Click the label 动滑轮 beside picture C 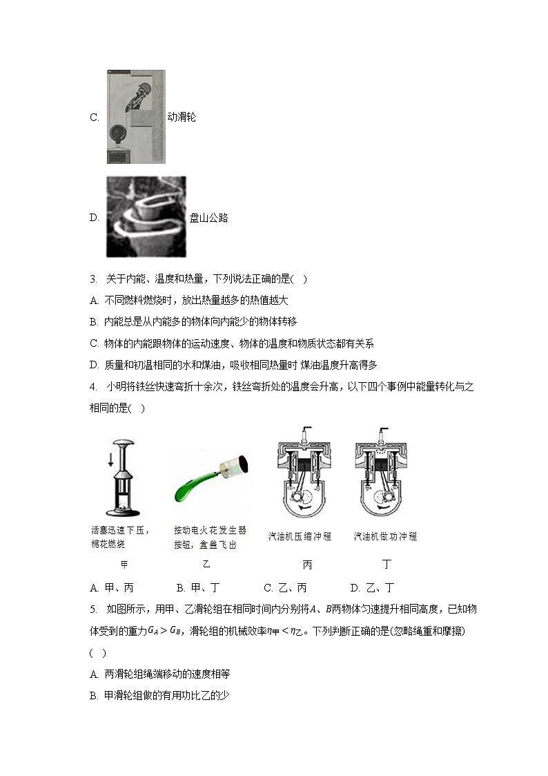tap(182, 117)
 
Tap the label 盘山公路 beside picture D tap(208, 218)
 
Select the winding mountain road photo tap(146, 216)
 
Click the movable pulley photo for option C tap(136, 117)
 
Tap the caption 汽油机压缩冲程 tap(300, 536)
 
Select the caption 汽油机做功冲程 tap(385, 536)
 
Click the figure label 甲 tap(124, 565)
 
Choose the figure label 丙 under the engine tap(307, 565)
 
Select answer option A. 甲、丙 tap(112, 588)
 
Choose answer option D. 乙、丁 tap(372, 588)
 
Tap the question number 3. tap(92, 279)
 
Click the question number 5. tap(92, 609)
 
